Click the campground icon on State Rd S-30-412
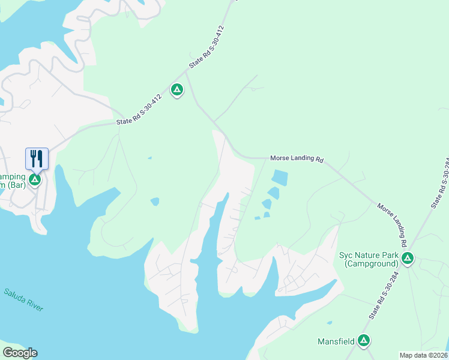[176, 90]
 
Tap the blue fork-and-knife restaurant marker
[37, 159]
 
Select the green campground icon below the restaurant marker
[35, 179]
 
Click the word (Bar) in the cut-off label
[17, 185]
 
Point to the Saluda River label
[23, 299]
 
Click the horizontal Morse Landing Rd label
[297, 160]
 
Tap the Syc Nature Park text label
[369, 255]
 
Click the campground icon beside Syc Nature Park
[408, 259]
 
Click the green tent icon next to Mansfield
[363, 341]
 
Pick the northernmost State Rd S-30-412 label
[206, 46]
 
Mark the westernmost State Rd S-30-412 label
[139, 113]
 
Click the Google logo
[20, 353]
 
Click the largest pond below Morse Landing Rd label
[279, 178]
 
